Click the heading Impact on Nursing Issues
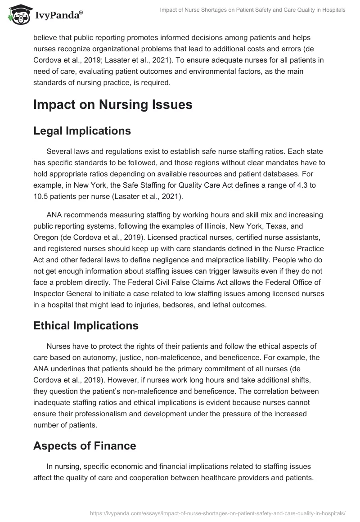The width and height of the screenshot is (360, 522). pyautogui.click(x=113, y=104)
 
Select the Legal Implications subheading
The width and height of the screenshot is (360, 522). pyautogui.click(x=82, y=130)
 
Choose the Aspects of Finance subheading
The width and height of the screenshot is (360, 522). pyautogui.click(x=85, y=445)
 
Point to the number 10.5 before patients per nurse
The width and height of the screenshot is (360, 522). pyautogui.click(x=42, y=197)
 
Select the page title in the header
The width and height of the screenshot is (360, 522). pyautogui.click(x=252, y=10)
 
